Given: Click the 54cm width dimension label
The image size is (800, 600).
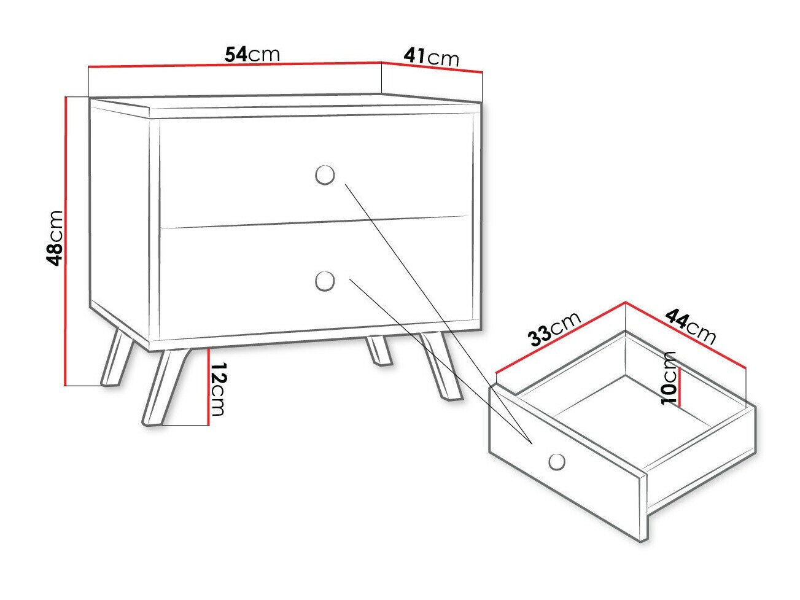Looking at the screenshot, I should (252, 54).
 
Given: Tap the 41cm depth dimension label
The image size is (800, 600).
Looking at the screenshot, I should (431, 56).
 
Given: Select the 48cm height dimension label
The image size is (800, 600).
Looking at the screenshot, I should (55, 237).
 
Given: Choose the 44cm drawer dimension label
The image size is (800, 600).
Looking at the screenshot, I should (691, 326).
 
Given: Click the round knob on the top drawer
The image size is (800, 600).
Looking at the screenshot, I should (324, 175).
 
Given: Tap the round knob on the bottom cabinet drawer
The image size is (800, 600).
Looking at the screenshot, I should (325, 282).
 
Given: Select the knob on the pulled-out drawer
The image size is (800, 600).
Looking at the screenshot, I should (557, 461).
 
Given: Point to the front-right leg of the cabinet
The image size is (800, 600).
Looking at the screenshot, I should (441, 367).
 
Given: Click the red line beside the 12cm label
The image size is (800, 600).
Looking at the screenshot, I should (209, 387).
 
